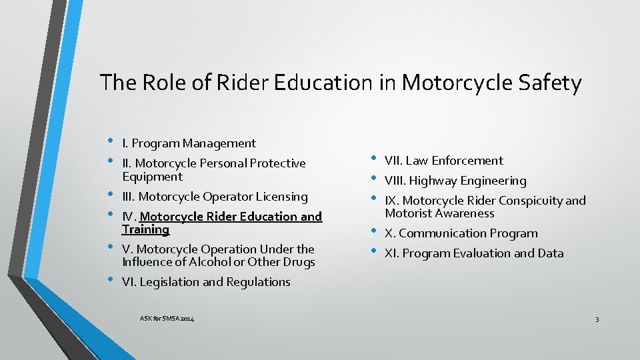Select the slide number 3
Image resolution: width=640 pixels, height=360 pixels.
pyautogui.click(x=597, y=320)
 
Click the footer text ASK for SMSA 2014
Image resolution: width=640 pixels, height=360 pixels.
pyautogui.click(x=167, y=319)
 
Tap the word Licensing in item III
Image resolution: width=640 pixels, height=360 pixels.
pyautogui.click(x=281, y=197)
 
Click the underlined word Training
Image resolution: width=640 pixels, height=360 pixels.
pyautogui.click(x=145, y=229)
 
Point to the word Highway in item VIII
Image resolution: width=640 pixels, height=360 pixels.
pyautogui.click(x=433, y=181)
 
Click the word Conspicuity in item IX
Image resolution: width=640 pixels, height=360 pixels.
pyautogui.click(x=530, y=201)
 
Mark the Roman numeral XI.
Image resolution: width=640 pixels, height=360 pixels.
pyautogui.click(x=391, y=253)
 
